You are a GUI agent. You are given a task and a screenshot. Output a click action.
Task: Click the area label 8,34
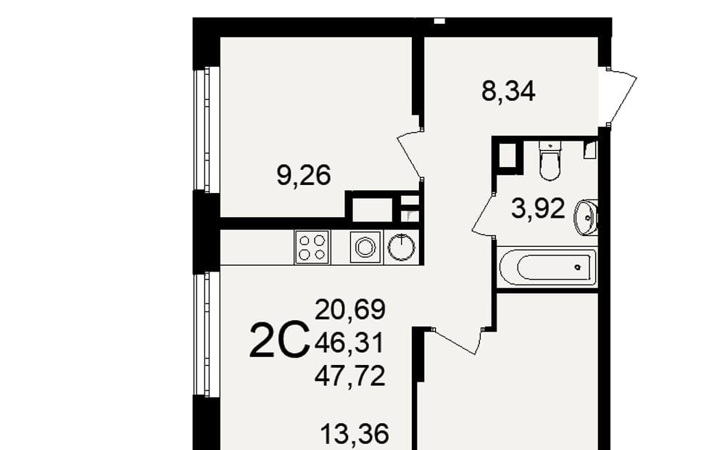point(508,91)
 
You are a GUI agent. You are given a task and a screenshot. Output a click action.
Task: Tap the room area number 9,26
point(304,176)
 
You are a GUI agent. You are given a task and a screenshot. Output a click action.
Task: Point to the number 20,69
point(350,309)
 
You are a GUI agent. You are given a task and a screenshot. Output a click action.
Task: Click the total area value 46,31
point(349,343)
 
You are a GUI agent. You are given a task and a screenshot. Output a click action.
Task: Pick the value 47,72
point(350,376)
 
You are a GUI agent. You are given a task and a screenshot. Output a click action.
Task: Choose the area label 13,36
point(355,434)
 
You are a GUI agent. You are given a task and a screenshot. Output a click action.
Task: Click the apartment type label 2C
point(279,342)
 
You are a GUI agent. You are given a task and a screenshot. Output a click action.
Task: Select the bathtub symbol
point(548,267)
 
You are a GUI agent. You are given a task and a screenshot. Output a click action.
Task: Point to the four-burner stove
point(312,247)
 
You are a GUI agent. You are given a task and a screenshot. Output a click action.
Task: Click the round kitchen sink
point(402,247)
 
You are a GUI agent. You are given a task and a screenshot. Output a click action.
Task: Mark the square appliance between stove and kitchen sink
point(365,247)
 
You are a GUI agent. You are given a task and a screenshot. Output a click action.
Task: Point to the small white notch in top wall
point(440,21)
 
